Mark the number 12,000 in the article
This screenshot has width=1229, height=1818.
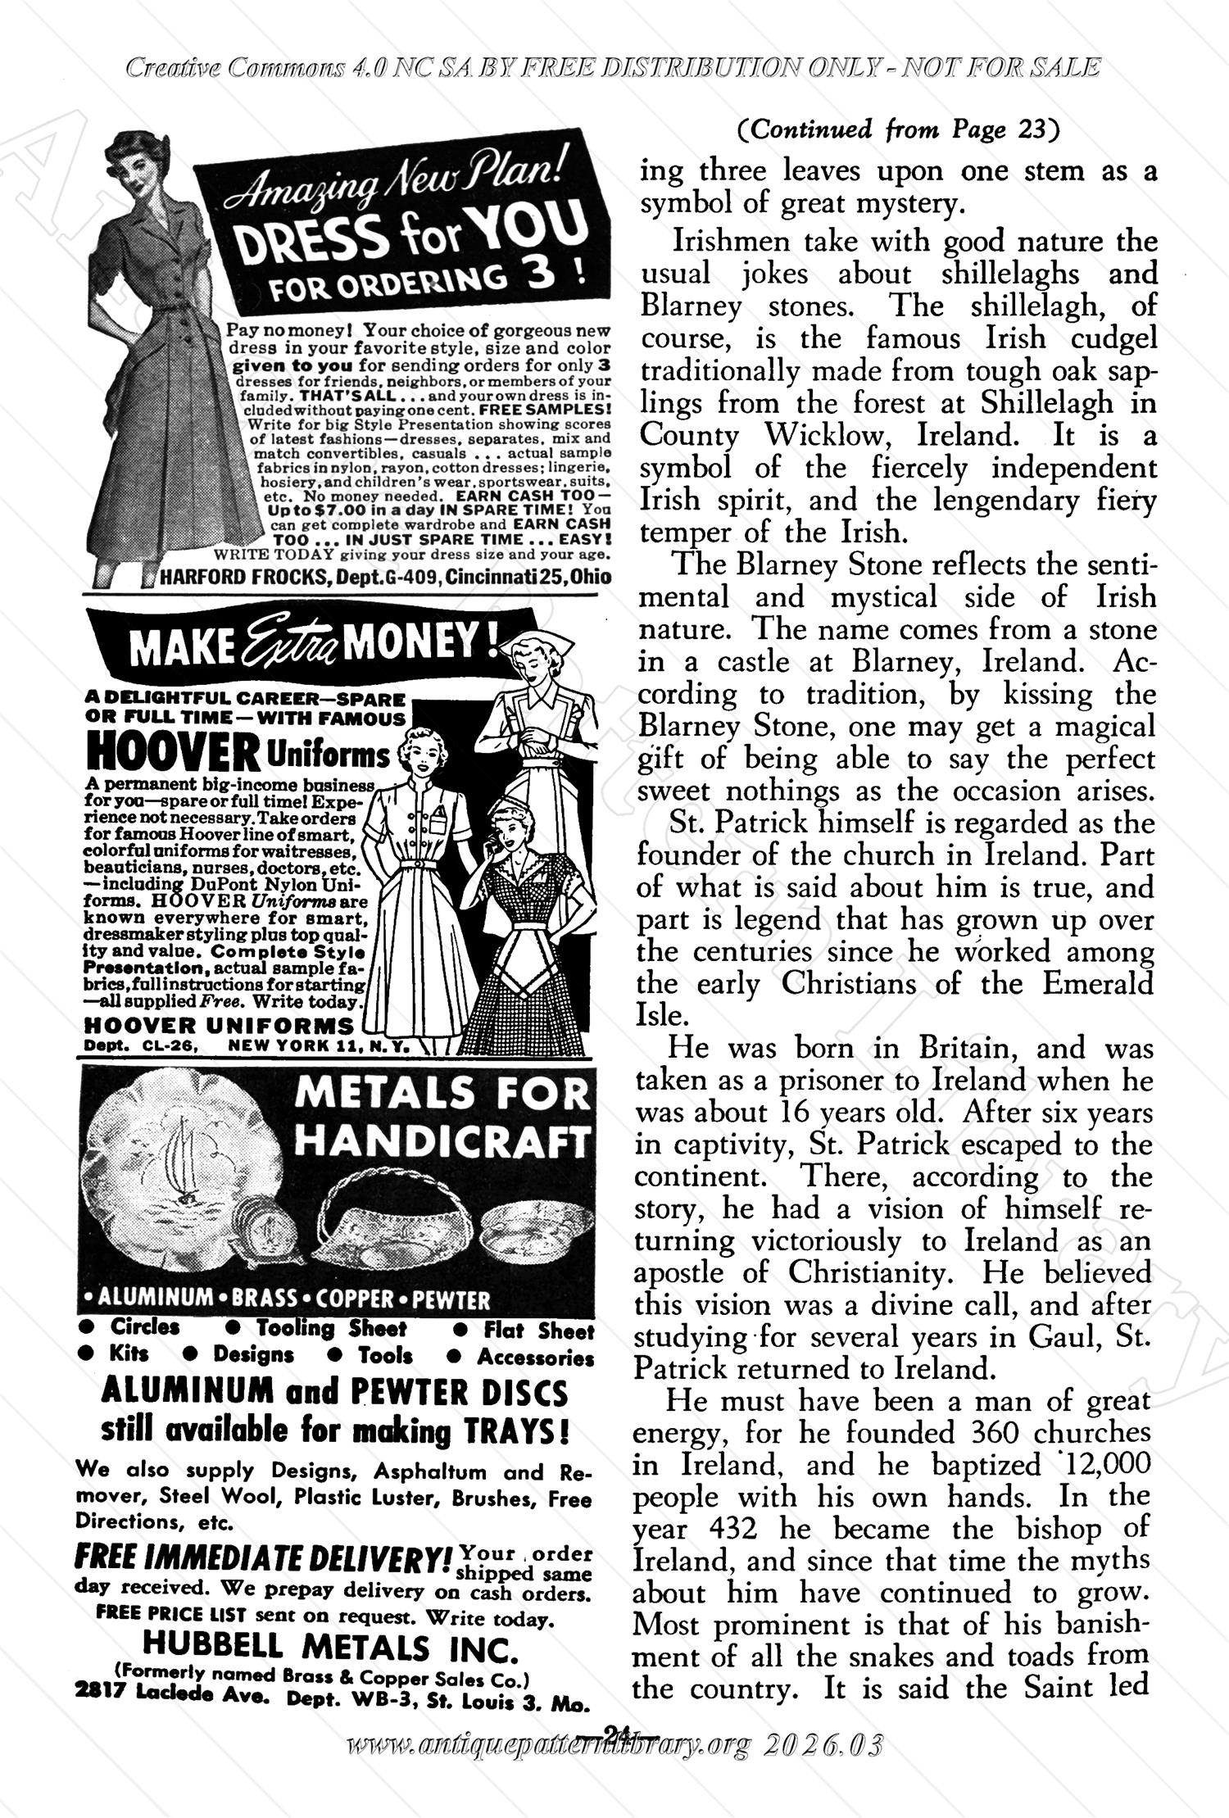[x=1099, y=1464]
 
